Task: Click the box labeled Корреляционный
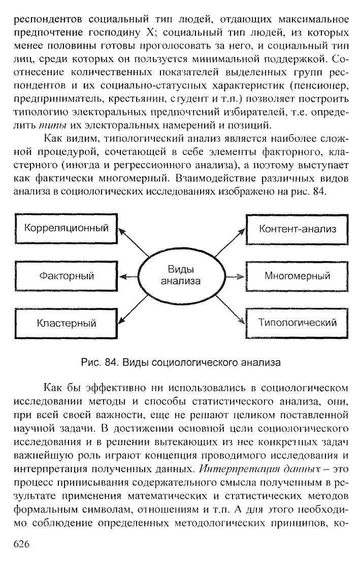[x=67, y=229]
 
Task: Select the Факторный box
[x=67, y=276]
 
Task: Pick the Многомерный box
[x=298, y=276]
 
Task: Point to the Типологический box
[x=298, y=323]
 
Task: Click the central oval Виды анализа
[x=181, y=275]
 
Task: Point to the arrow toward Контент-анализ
[x=228, y=244]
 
